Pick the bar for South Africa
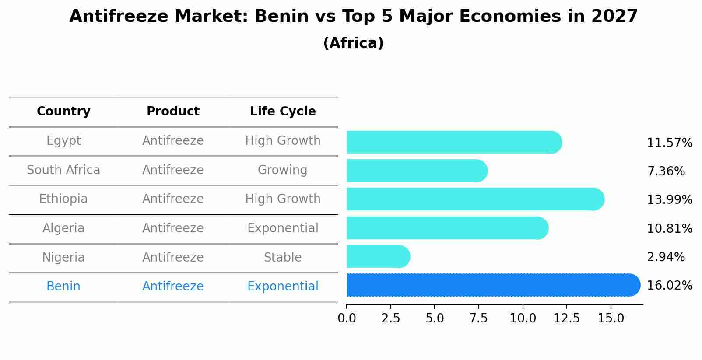pyautogui.click(x=416, y=171)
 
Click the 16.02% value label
pyautogui.click(x=669, y=286)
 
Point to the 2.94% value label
pyautogui.click(x=665, y=257)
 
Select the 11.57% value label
pyautogui.click(x=669, y=143)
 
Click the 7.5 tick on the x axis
pyautogui.click(x=478, y=318)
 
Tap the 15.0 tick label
pyautogui.click(x=611, y=318)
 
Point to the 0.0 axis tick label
pyautogui.click(x=347, y=318)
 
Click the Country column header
pyautogui.click(x=63, y=112)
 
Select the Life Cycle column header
pyautogui.click(x=283, y=112)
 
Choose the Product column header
pyautogui.click(x=173, y=112)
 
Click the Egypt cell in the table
pyautogui.click(x=63, y=141)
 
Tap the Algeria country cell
pyautogui.click(x=63, y=228)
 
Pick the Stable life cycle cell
pyautogui.click(x=283, y=258)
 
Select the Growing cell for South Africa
pyautogui.click(x=283, y=170)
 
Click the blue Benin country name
pyautogui.click(x=63, y=287)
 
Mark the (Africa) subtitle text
pyautogui.click(x=353, y=43)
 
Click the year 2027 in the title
pyautogui.click(x=614, y=17)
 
